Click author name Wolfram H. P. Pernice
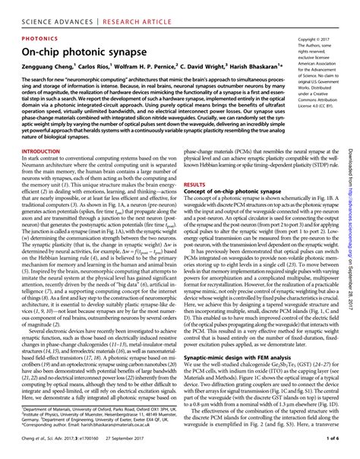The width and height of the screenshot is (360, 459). tap(150, 67)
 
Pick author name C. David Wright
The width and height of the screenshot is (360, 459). tap(200, 67)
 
